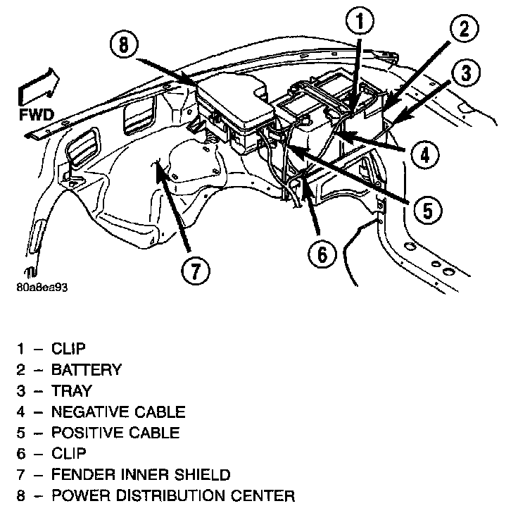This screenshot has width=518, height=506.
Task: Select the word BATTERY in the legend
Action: [x=87, y=369]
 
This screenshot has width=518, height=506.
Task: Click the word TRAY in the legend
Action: [x=72, y=390]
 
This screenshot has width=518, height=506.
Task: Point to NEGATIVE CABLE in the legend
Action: [x=118, y=412]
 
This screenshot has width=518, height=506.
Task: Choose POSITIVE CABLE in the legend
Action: [x=115, y=433]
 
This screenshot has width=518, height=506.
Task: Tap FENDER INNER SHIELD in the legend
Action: [x=141, y=475]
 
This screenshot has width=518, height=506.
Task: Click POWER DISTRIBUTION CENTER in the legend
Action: [x=173, y=495]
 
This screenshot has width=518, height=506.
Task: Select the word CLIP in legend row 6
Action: [x=69, y=454]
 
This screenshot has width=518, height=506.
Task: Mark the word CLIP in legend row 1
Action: [x=69, y=348]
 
